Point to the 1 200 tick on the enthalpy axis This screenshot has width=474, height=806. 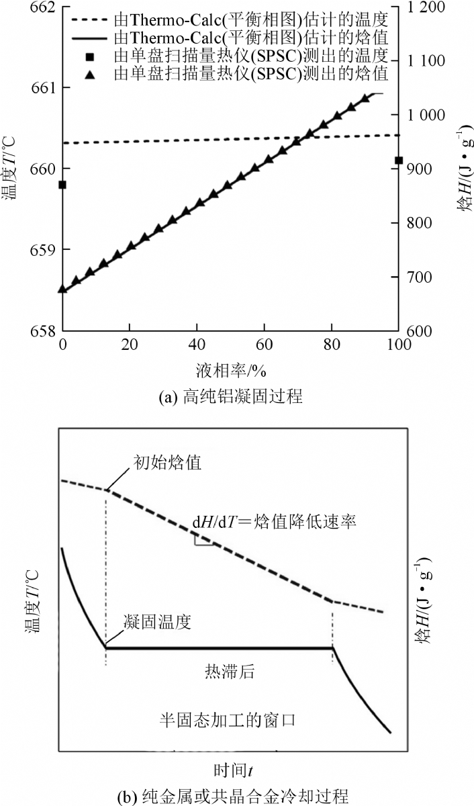click(430, 7)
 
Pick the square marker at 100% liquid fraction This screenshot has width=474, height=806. click(398, 161)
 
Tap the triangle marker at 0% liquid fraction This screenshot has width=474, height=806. click(62, 289)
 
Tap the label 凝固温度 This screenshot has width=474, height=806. click(158, 622)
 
